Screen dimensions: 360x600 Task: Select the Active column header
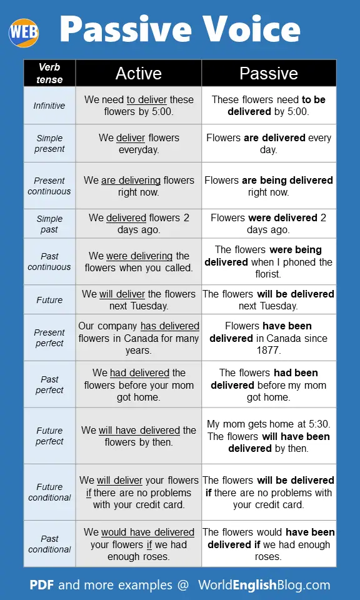(x=138, y=73)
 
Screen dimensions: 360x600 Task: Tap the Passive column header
(x=269, y=73)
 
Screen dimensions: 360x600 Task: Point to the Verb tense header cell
(x=49, y=73)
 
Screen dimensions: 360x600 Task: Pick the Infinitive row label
(x=49, y=106)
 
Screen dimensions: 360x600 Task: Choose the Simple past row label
(x=49, y=224)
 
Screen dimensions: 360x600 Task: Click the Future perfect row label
(x=49, y=436)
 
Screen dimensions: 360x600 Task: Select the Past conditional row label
(x=49, y=544)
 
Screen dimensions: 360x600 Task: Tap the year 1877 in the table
(x=269, y=351)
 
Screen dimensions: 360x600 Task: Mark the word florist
(x=269, y=274)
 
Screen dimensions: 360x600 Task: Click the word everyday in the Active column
(x=139, y=150)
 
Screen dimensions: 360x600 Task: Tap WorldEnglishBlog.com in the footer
(x=264, y=585)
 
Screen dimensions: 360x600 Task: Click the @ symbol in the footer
(x=182, y=585)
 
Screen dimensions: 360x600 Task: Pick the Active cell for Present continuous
(x=139, y=186)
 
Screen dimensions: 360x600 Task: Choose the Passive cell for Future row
(x=269, y=300)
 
